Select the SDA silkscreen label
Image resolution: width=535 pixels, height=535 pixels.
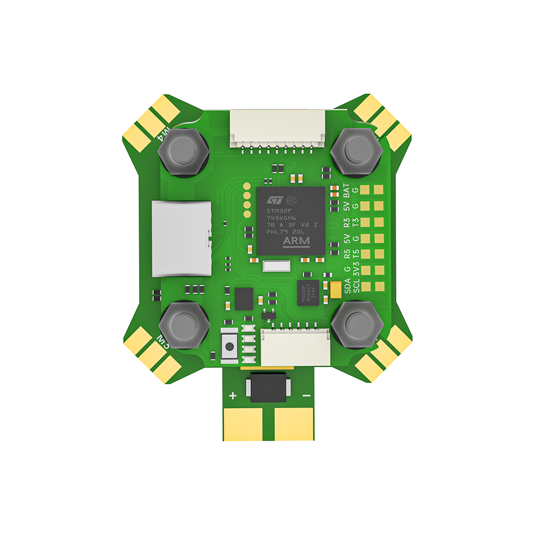click(x=348, y=286)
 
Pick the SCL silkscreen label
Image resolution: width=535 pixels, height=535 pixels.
click(x=356, y=286)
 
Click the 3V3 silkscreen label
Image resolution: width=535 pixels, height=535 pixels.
click(x=356, y=270)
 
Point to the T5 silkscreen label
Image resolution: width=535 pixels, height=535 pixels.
click(x=356, y=253)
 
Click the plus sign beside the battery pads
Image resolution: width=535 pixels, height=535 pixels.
click(x=233, y=396)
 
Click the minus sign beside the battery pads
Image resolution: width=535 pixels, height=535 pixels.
click(x=307, y=395)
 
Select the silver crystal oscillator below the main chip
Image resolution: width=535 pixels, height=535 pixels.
click(x=277, y=265)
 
